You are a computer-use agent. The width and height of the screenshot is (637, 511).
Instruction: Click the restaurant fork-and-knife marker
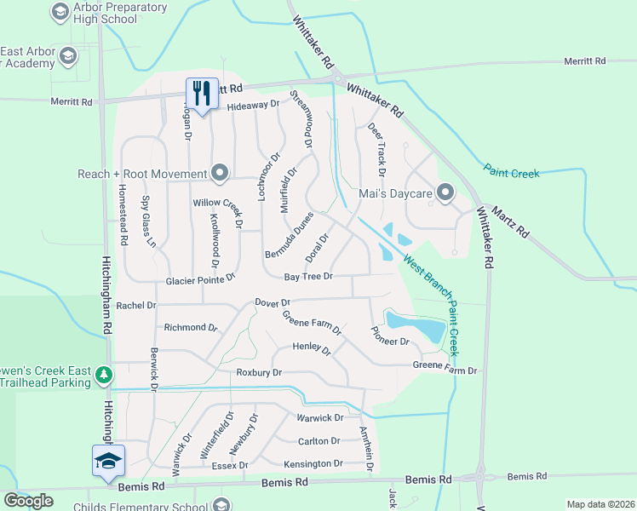[x=202, y=93]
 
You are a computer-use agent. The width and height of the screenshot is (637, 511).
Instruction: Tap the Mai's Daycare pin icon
[x=445, y=193]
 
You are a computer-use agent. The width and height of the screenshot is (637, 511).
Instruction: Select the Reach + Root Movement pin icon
[x=220, y=174]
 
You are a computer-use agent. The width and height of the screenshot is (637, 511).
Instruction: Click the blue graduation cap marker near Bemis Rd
[x=108, y=461]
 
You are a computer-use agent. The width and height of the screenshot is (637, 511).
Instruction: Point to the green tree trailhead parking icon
[x=103, y=376]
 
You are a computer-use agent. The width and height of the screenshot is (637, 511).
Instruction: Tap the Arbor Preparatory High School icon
[x=60, y=11]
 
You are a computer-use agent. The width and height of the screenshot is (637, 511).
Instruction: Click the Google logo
[x=28, y=501]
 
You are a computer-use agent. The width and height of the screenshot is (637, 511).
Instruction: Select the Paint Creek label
[x=512, y=172]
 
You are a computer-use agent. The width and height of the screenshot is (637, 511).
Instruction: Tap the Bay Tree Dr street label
[x=307, y=277]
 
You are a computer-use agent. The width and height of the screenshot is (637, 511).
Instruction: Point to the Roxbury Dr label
[x=259, y=373]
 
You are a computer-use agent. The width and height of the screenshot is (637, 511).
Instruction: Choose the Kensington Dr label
[x=313, y=463]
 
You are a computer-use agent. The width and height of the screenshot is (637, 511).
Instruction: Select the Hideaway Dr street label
[x=253, y=105]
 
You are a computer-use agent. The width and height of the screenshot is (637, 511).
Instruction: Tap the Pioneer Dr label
[x=390, y=336]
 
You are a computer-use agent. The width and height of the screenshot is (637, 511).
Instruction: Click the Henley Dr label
[x=311, y=347]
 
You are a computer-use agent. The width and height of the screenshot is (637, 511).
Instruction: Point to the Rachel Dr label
[x=136, y=305]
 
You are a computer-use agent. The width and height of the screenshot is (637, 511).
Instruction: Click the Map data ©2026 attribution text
[x=600, y=504]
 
